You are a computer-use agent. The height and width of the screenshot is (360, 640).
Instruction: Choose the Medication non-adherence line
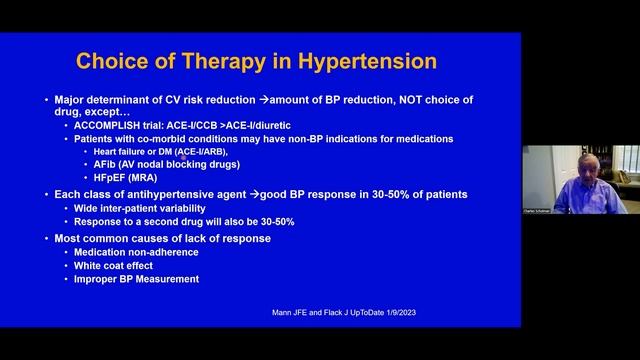tap(136, 252)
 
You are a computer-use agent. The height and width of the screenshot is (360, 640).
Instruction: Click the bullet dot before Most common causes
tap(46, 238)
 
